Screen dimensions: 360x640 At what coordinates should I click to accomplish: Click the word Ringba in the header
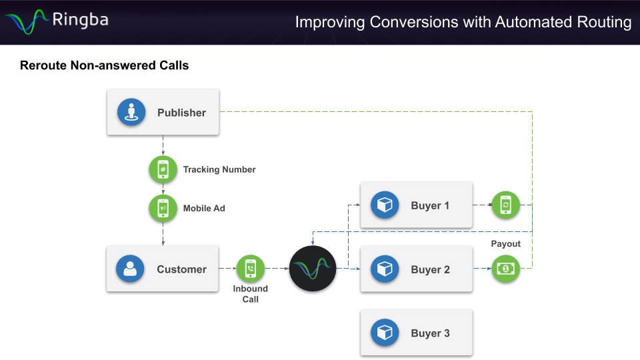(80, 20)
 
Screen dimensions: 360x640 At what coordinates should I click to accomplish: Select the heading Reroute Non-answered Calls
(105, 65)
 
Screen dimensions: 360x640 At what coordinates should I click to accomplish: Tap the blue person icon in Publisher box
(131, 112)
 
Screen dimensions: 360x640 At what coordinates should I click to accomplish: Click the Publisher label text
(181, 113)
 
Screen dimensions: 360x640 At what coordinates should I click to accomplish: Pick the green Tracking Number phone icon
(163, 169)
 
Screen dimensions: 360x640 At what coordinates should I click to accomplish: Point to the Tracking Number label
(219, 169)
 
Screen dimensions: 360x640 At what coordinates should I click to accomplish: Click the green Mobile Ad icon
(163, 208)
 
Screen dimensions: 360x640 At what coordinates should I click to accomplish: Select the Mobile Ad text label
(204, 208)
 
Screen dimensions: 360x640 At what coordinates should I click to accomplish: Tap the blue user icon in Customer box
(130, 269)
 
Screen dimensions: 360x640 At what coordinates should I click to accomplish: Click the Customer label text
(181, 269)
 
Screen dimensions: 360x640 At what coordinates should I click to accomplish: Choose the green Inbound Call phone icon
(251, 269)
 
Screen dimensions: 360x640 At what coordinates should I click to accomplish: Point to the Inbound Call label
(251, 294)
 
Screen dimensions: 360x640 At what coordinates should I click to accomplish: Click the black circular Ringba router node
(313, 269)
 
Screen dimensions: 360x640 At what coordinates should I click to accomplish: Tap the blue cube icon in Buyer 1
(385, 205)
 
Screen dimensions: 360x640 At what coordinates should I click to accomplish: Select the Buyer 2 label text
(430, 270)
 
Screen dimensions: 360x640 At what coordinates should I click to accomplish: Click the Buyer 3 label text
(430, 333)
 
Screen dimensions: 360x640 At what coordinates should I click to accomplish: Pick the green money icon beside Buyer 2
(505, 269)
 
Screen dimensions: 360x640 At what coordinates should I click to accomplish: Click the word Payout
(505, 244)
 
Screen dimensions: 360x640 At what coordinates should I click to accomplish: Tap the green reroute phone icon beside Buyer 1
(505, 205)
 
